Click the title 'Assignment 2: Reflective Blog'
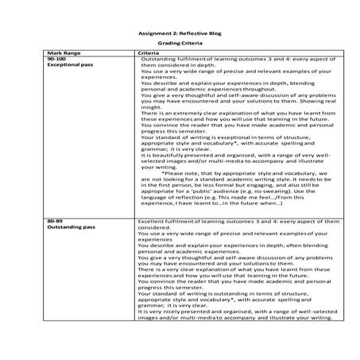179,35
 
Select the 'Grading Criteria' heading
180,45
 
